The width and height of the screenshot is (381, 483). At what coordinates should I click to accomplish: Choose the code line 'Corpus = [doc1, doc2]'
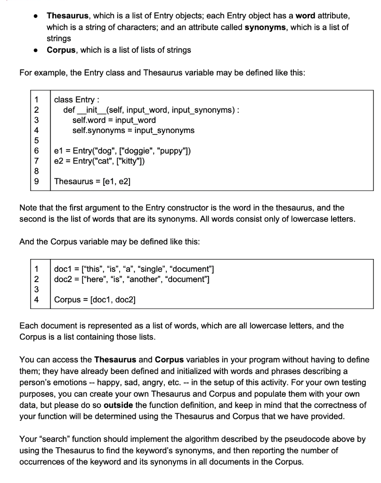click(89, 300)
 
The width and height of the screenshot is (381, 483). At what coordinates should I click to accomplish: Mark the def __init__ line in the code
click(152, 110)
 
